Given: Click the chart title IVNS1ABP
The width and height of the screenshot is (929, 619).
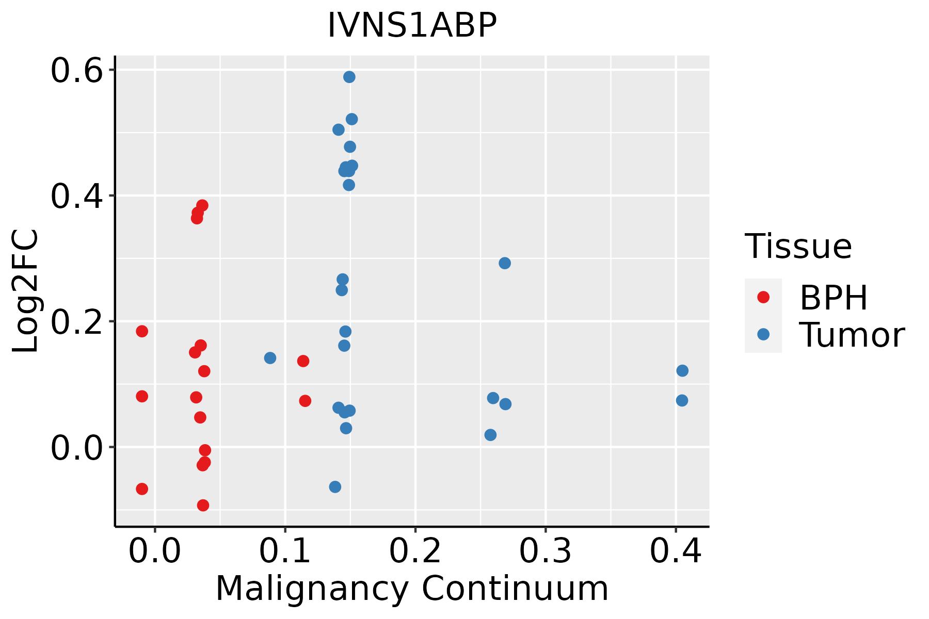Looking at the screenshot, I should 412,25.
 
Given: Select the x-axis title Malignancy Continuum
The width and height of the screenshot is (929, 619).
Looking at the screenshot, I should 412,589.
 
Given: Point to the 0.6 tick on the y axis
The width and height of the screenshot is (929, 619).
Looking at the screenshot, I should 76,71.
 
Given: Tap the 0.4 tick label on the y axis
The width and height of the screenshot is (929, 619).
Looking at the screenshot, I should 76,196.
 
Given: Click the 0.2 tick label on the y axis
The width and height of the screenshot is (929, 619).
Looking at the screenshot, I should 76,321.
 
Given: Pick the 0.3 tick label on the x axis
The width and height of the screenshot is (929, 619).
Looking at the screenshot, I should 545,551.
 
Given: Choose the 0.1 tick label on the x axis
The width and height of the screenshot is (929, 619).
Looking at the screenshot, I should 285,551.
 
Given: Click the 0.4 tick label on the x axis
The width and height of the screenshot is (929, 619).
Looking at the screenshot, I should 675,551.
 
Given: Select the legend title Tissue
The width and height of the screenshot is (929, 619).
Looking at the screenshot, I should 798,247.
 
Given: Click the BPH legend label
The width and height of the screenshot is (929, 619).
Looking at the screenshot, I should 834,298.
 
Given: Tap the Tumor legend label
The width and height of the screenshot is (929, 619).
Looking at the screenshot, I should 852,335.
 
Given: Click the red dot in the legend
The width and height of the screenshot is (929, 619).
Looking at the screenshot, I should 763,297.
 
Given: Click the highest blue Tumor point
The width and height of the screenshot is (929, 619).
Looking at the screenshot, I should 349,77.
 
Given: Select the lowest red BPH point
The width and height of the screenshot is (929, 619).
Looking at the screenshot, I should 203,505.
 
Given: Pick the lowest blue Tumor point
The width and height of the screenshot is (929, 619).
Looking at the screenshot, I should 335,487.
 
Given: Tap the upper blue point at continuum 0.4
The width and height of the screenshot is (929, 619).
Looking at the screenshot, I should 682,370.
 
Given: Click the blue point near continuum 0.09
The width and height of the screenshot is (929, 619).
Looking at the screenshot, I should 270,358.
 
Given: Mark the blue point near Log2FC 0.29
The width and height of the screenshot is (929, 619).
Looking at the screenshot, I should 505,263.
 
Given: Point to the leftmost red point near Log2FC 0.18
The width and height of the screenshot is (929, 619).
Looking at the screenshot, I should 142,331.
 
